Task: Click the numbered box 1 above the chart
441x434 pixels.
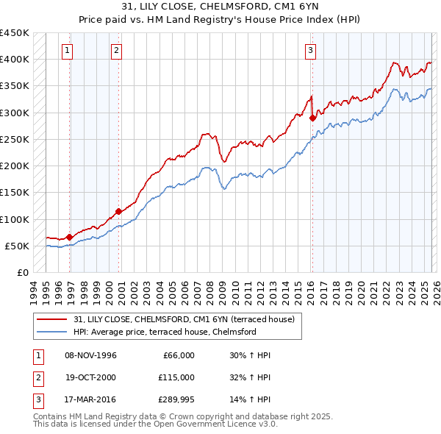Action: pyautogui.click(x=67, y=51)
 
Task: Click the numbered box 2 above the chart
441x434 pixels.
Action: pyautogui.click(x=116, y=51)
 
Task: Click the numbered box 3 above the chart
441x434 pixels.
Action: pyautogui.click(x=310, y=51)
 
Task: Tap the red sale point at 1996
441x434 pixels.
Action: pyautogui.click(x=70, y=237)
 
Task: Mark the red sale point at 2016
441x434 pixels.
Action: pyautogui.click(x=312, y=118)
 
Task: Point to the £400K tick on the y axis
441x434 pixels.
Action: pyautogui.click(x=15, y=60)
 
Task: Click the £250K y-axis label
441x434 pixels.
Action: pyautogui.click(x=15, y=139)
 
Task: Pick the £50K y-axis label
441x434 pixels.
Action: pyautogui.click(x=18, y=246)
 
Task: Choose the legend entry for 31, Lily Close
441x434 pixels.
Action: pyautogui.click(x=184, y=319)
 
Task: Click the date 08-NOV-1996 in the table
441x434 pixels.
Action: pyautogui.click(x=91, y=355)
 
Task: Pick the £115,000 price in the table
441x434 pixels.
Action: pyautogui.click(x=176, y=377)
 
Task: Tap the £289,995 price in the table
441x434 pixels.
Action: pyautogui.click(x=176, y=399)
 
